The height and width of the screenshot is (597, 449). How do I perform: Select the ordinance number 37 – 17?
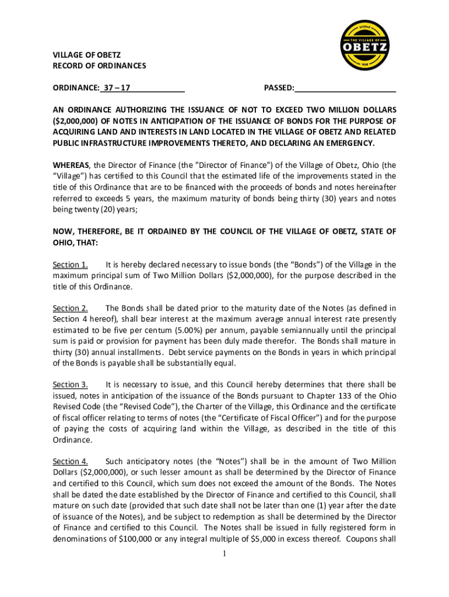116,88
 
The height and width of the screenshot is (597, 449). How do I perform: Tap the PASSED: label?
279,88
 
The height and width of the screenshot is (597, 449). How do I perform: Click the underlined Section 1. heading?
70,265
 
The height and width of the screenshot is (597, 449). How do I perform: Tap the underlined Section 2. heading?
70,308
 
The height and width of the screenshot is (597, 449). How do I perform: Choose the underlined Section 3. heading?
70,385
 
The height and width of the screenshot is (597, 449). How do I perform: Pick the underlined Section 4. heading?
70,461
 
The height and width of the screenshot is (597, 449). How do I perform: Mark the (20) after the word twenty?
92,209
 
